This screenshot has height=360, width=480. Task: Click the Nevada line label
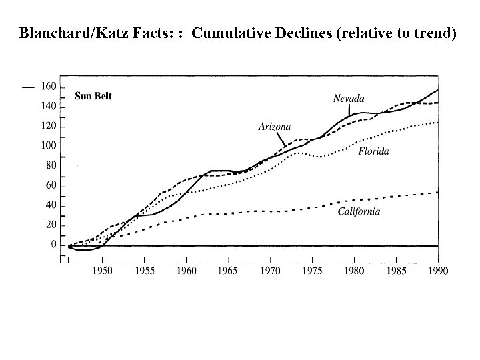(x=349, y=99)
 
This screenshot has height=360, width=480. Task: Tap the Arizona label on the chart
(x=274, y=127)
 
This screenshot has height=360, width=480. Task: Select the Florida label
(x=373, y=151)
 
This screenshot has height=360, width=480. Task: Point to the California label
(x=358, y=211)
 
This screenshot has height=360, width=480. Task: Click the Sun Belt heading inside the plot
(x=93, y=96)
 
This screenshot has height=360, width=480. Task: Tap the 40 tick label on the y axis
(x=50, y=205)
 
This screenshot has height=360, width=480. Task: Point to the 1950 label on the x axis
(x=102, y=271)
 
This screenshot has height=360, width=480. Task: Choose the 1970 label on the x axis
(x=270, y=271)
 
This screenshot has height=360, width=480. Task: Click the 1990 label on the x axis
(x=438, y=271)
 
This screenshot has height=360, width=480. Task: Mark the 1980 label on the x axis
(x=354, y=271)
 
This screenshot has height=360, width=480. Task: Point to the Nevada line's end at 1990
(x=438, y=89)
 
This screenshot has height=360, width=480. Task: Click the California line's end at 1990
(x=438, y=192)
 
